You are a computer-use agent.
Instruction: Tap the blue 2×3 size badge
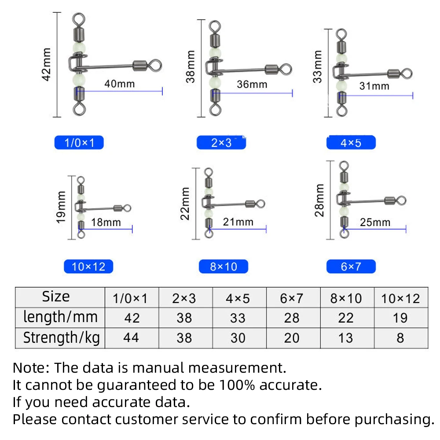pos(221,143)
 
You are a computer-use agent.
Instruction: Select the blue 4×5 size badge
pos(351,143)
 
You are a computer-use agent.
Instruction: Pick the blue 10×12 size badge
pos(88,267)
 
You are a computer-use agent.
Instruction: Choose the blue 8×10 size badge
pos(223,267)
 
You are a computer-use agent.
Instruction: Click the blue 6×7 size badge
pos(351,267)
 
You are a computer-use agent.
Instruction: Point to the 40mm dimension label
pos(119,83)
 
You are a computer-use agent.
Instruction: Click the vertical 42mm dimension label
pos(47,64)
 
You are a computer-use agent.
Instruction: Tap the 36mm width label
pos(252,84)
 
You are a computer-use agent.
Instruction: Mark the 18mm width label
pos(106,222)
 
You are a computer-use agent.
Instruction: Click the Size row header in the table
pos(56,297)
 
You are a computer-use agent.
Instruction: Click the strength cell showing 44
pos(132,338)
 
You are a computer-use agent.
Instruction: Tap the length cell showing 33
pos(238,318)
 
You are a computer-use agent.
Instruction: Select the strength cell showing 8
pos(400,338)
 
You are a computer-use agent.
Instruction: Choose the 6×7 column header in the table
pos(291,299)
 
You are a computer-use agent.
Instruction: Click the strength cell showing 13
pos(346,338)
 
